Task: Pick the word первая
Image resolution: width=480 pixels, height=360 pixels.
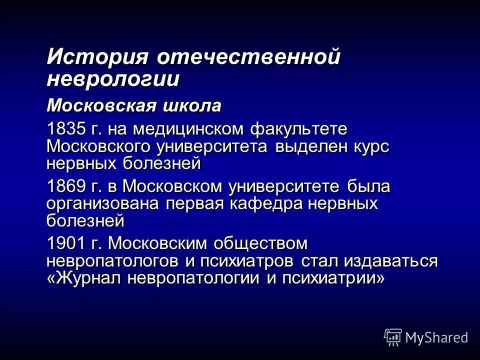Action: pyautogui.click(x=198, y=203)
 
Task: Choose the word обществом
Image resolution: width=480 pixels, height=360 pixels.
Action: pyautogui.click(x=260, y=244)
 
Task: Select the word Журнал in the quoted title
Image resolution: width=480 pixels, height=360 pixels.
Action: pyautogui.click(x=93, y=278)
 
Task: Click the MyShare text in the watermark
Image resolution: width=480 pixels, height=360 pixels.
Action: pyautogui.click(x=436, y=337)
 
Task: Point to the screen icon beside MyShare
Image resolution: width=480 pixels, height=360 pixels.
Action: pyautogui.click(x=392, y=337)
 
